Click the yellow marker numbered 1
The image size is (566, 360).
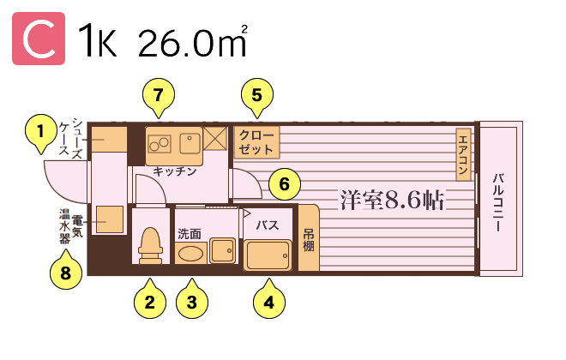click(x=41, y=132)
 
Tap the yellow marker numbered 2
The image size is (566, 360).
click(x=150, y=301)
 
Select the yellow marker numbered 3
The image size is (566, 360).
click(x=192, y=301)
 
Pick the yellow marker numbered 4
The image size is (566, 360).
click(x=269, y=301)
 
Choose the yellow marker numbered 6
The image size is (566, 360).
click(x=285, y=184)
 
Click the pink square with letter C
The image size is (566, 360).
click(x=39, y=39)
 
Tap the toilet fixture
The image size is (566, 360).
click(x=150, y=246)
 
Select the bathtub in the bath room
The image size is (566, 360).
click(x=267, y=255)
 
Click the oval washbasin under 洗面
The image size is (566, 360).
click(x=190, y=253)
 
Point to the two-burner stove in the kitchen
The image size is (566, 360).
click(x=160, y=143)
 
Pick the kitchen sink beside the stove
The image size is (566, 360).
click(x=190, y=143)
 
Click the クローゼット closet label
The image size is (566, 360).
click(x=256, y=142)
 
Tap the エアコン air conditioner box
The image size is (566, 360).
click(x=463, y=154)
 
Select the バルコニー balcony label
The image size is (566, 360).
click(x=498, y=202)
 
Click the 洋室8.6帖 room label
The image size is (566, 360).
click(x=392, y=200)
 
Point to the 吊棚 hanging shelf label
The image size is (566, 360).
click(x=308, y=240)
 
